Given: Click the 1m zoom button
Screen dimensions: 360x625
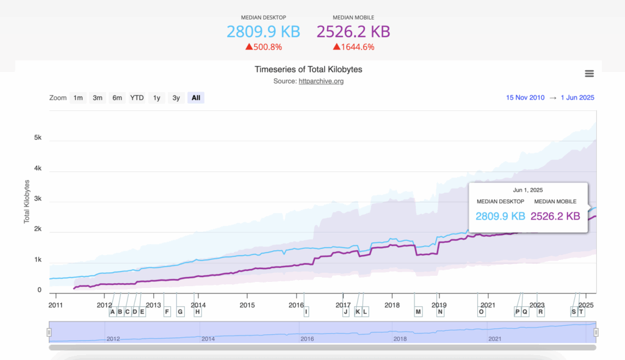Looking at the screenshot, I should pos(78,98).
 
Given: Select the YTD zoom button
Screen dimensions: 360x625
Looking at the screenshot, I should pos(137,98).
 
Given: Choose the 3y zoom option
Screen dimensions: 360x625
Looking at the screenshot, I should pos(176,98).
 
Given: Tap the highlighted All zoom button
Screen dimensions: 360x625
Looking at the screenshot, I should pos(195,98).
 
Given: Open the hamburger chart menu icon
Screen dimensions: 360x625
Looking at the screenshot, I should pos(589,74).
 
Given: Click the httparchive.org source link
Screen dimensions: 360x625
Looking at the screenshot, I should pos(321,81).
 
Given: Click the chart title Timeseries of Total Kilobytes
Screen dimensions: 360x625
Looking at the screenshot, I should pos(308,70).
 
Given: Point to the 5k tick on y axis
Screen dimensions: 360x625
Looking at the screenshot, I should pos(37,138).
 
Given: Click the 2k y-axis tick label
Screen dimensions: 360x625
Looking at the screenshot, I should pos(37,229).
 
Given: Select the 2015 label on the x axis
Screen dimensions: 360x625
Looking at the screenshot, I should pos(247,304).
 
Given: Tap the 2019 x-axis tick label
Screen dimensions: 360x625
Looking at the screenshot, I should pos(439,304).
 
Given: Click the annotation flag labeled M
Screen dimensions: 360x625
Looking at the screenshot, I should pos(418,312).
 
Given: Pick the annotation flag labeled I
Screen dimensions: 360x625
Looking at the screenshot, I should pos(306,312).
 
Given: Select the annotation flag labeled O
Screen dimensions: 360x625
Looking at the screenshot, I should pos(481,312).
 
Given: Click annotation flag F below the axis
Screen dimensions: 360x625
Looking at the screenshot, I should pos(167,312).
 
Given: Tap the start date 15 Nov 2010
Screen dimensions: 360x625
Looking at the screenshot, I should pos(526,98).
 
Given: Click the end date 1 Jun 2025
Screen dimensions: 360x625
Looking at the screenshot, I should pos(577,98).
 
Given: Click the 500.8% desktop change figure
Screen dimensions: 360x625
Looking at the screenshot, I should pos(268,46).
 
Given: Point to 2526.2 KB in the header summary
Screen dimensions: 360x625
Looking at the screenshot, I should pos(353,31).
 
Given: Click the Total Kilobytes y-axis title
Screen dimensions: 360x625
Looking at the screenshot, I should pos(27,201).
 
